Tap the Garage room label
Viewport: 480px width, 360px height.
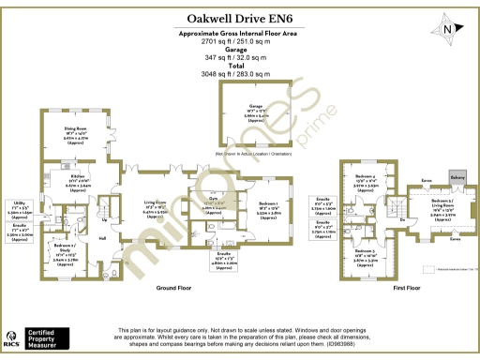click(x=256, y=107)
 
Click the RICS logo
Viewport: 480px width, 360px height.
click(x=13, y=336)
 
